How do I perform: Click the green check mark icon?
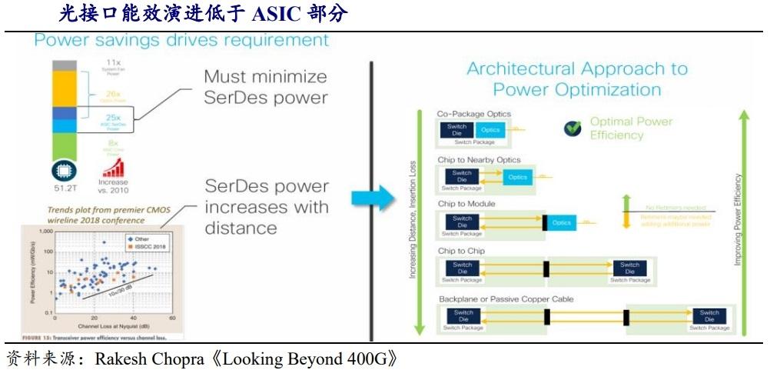[x=573, y=128]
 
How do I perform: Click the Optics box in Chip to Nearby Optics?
[x=518, y=177]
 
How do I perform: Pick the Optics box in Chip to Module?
[x=562, y=222]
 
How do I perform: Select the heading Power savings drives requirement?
[x=181, y=40]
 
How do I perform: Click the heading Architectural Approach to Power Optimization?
[x=577, y=79]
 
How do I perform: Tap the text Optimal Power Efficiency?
[x=631, y=128]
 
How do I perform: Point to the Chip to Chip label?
[x=461, y=252]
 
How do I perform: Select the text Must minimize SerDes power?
[x=265, y=87]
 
